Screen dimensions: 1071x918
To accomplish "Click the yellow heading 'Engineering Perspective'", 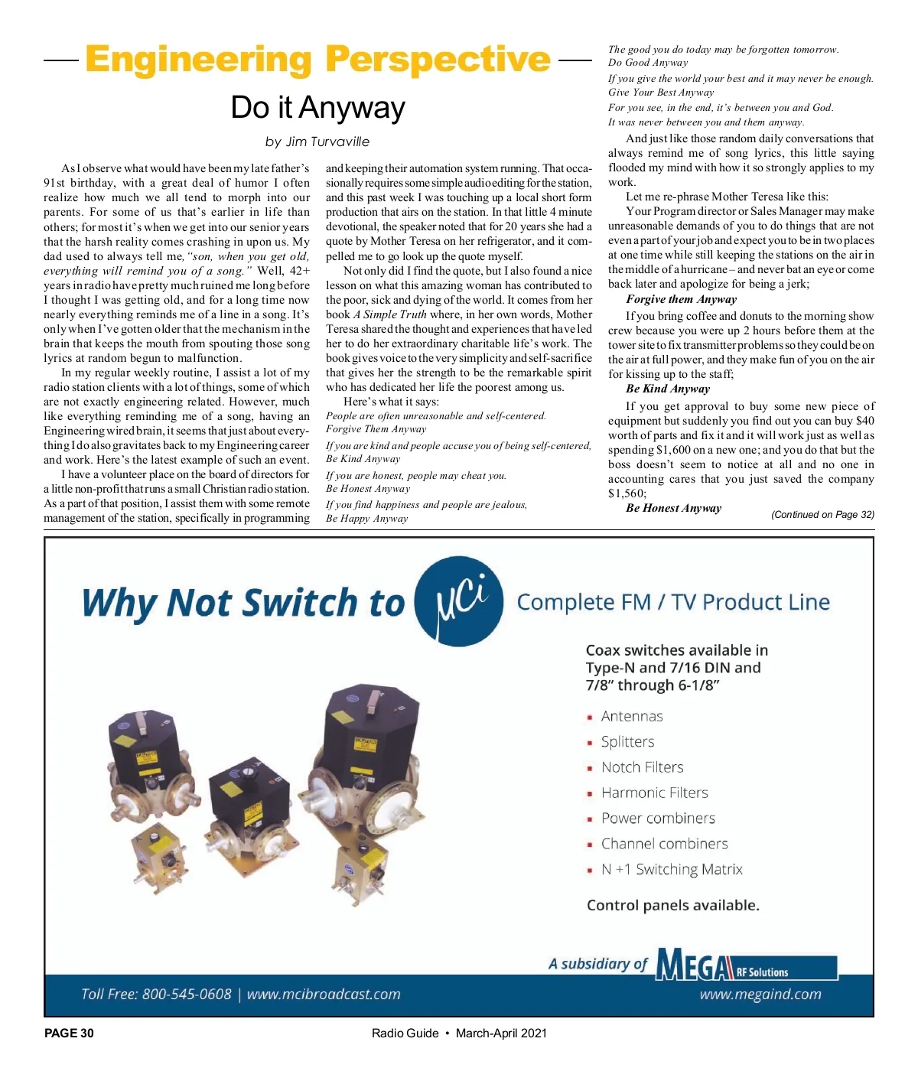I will click(317, 60).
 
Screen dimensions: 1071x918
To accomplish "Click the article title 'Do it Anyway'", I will click(317, 108).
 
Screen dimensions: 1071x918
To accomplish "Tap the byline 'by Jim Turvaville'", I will click(317, 142).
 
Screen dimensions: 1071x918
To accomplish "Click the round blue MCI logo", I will click(459, 601).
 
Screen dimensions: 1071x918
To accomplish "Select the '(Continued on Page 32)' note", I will click(822, 515).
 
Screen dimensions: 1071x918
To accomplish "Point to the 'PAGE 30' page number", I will click(69, 1034).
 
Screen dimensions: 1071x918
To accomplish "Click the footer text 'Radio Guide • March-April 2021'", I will click(459, 1034).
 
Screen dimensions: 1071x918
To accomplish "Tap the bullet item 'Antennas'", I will click(632, 717).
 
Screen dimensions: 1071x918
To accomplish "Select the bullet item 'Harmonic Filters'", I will click(655, 793).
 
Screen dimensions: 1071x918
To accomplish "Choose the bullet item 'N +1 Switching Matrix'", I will click(672, 870).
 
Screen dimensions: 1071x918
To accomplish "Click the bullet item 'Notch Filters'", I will click(643, 767).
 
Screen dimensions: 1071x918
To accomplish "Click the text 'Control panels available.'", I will click(673, 906).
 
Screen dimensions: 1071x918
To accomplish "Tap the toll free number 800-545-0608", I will click(187, 994).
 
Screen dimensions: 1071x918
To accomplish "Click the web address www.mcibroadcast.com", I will click(324, 994).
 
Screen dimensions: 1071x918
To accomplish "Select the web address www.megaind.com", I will click(760, 994).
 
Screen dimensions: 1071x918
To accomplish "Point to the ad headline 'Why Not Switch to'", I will click(243, 603).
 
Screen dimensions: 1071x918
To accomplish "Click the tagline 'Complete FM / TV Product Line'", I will click(673, 603).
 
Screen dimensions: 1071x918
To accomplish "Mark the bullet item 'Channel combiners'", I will click(665, 845).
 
